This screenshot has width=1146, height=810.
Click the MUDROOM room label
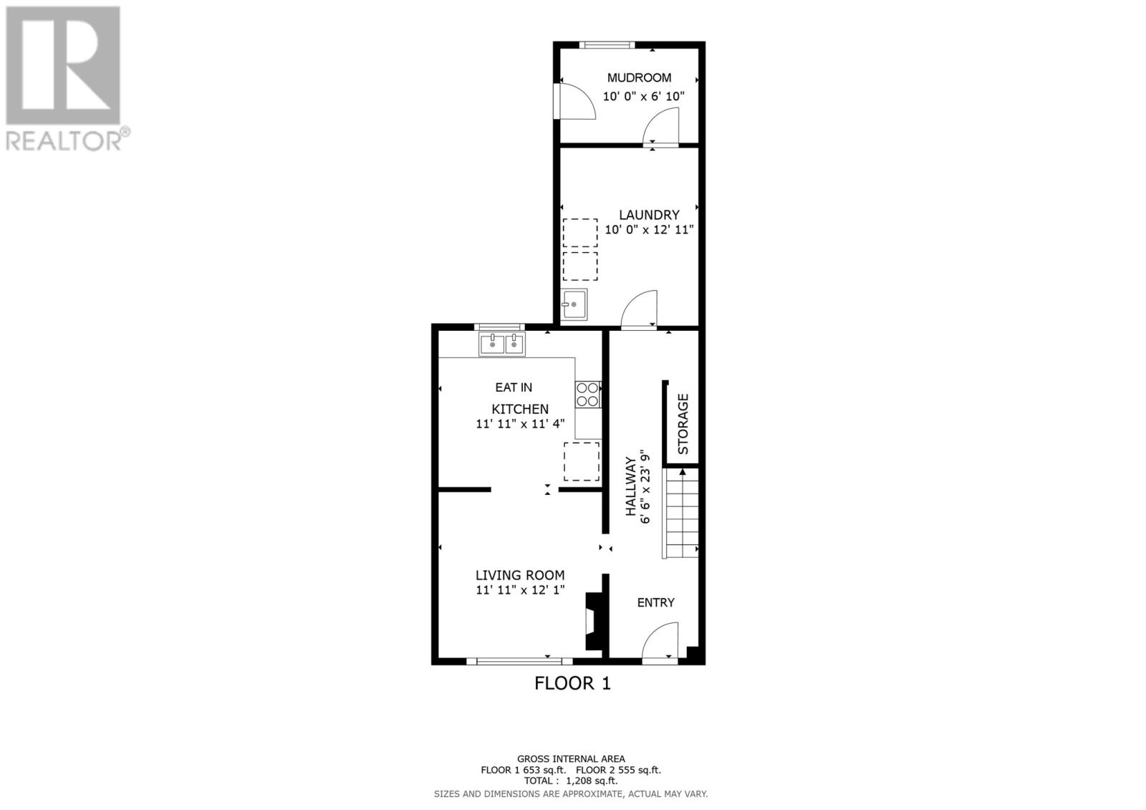pyautogui.click(x=639, y=77)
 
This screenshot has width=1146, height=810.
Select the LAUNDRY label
pyautogui.click(x=649, y=215)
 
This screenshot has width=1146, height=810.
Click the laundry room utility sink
pyautogui.click(x=574, y=304)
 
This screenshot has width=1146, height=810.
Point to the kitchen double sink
pyautogui.click(x=502, y=344)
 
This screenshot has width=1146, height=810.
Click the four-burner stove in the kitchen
pyautogui.click(x=588, y=395)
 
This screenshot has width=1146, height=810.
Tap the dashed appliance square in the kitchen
pyautogui.click(x=581, y=461)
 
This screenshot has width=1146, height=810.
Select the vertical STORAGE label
pyautogui.click(x=683, y=423)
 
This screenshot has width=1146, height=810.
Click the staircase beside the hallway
pyautogui.click(x=680, y=512)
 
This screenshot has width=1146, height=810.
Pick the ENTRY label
pyautogui.click(x=655, y=602)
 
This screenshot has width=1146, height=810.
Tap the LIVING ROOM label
pyautogui.click(x=520, y=575)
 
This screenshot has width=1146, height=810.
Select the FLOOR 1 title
pyautogui.click(x=572, y=683)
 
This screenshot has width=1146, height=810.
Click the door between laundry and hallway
pyautogui.click(x=639, y=311)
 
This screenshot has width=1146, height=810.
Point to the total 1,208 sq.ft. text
pyautogui.click(x=570, y=781)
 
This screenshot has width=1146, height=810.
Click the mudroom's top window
pyautogui.click(x=607, y=45)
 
